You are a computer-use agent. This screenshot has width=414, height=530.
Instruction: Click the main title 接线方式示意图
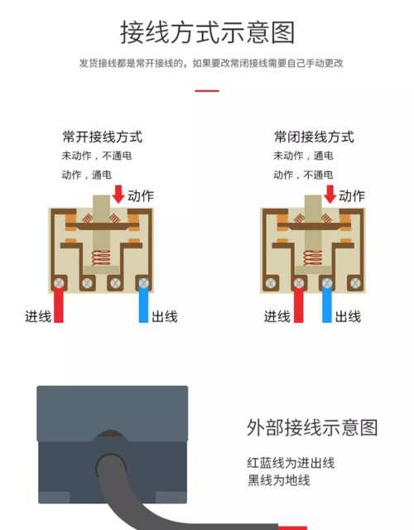[x=208, y=32]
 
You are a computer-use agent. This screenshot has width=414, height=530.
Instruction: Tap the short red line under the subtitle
[x=207, y=90]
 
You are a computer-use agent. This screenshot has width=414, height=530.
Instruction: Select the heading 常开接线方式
[x=102, y=137]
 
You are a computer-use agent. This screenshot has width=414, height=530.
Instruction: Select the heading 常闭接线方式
[x=314, y=137]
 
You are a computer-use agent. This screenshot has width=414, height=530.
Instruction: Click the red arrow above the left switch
[x=118, y=194]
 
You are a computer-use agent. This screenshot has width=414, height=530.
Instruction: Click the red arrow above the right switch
[x=330, y=194]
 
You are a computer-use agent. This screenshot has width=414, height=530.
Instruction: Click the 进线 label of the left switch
[x=38, y=316]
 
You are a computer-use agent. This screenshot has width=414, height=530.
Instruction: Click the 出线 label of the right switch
[x=348, y=316]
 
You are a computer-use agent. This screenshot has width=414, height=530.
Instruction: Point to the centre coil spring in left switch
[x=101, y=258]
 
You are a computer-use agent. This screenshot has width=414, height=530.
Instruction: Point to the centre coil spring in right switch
[x=313, y=258]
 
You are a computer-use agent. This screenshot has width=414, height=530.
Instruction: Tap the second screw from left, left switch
[x=87, y=283]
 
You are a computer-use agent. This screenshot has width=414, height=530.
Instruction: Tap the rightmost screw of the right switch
[x=355, y=283]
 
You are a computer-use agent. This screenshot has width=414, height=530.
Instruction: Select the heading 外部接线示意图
[x=312, y=427]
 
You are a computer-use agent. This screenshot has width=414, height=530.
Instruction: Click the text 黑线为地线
[x=279, y=480]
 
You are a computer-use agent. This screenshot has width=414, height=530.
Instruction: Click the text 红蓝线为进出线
[x=291, y=463]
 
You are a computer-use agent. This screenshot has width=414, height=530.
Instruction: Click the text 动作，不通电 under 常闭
[x=303, y=175]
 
